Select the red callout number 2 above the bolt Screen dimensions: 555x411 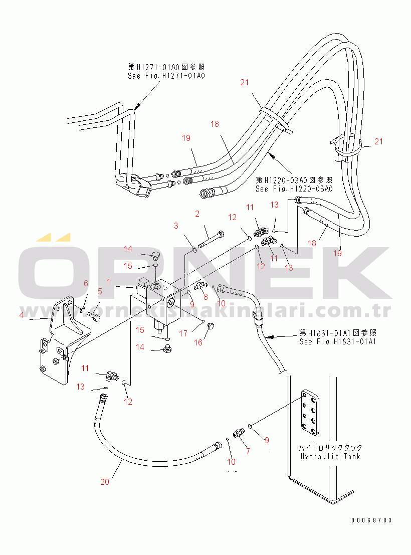pyautogui.click(x=197, y=214)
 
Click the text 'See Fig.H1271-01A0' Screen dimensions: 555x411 pyautogui.click(x=166, y=76)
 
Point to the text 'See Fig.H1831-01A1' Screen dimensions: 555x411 pyautogui.click(x=337, y=341)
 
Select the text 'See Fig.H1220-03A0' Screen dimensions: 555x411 pyautogui.click(x=294, y=189)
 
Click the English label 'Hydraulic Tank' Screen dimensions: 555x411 pyautogui.click(x=330, y=456)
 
